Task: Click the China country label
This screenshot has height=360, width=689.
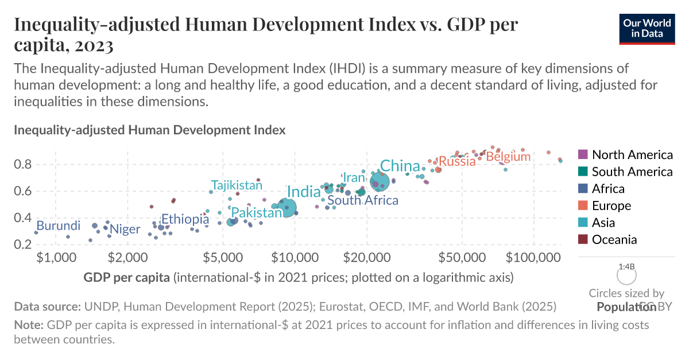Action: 400,166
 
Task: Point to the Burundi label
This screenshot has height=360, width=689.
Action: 58,226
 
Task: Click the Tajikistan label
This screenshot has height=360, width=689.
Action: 236,185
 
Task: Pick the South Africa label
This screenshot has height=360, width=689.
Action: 363,200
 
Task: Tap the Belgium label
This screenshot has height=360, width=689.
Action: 508,156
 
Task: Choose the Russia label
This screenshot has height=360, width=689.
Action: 458,161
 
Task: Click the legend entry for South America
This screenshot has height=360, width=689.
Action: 632,171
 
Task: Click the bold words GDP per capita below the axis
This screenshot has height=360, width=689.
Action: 126,278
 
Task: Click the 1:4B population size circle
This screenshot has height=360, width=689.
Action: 626,276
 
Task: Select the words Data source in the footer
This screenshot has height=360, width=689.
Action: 48,307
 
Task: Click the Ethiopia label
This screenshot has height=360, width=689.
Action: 184,219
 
